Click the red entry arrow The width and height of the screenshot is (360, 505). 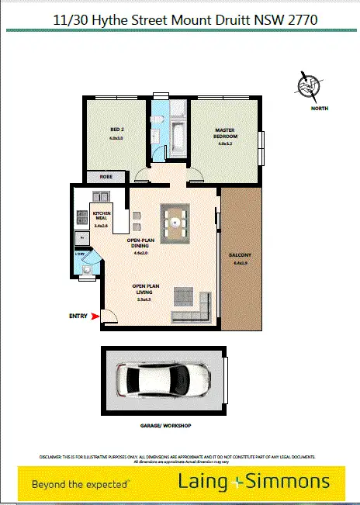[95, 316]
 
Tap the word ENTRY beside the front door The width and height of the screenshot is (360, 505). [78, 316]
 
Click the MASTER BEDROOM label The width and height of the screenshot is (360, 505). [224, 134]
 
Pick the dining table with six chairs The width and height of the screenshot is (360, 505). [178, 222]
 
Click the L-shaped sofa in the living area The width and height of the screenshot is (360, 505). [192, 302]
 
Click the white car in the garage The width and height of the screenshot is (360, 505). [164, 380]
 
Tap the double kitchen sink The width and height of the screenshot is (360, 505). [101, 195]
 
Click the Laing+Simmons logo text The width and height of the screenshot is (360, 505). [256, 483]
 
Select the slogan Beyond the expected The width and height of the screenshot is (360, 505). [80, 484]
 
